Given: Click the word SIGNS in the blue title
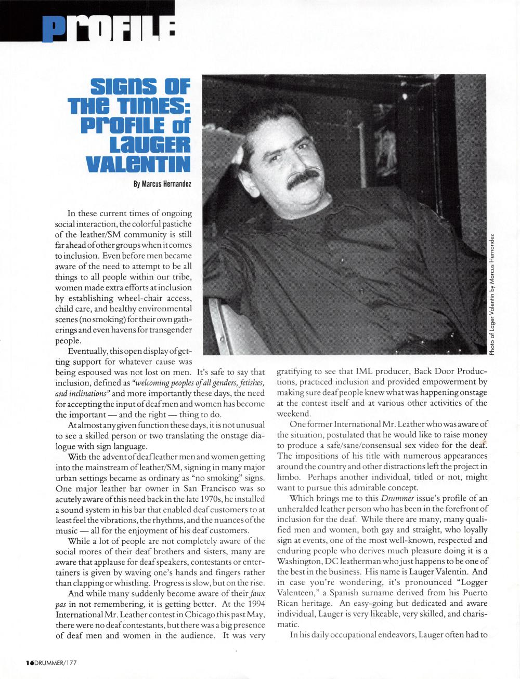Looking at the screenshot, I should click(123, 86).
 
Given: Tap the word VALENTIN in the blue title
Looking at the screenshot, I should click(137, 164).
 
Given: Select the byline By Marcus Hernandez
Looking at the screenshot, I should click(162, 184).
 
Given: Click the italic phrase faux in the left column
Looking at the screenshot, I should click(255, 593).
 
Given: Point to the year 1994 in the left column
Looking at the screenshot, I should click(255, 604).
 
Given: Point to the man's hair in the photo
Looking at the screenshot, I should click(276, 115).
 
